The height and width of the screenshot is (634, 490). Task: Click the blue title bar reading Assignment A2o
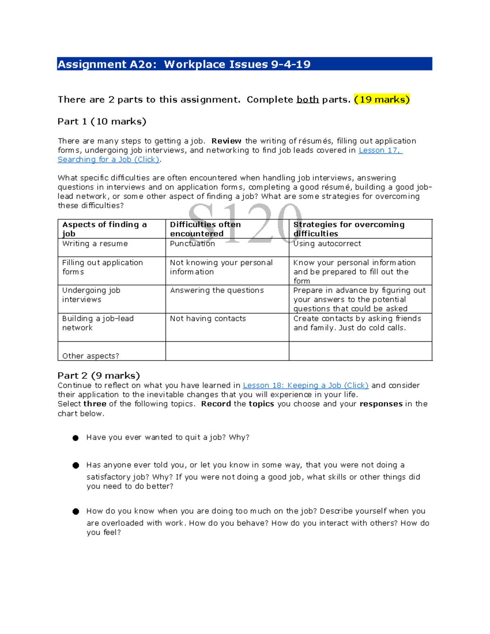[x=244, y=64]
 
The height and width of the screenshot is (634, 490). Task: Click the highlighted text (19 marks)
[x=382, y=100]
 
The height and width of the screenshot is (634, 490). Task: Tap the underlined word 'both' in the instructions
[x=307, y=100]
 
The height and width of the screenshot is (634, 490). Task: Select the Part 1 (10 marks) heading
[x=102, y=122]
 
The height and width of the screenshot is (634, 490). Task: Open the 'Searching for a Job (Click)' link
[x=109, y=160]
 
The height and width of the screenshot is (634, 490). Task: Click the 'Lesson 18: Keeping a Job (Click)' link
[x=305, y=385]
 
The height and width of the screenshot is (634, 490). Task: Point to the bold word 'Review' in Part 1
[x=226, y=141]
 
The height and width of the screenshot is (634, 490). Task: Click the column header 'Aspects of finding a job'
[x=104, y=229]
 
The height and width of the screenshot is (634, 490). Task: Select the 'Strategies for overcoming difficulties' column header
[x=349, y=229]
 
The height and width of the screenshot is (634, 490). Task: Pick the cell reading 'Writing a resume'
[x=95, y=244]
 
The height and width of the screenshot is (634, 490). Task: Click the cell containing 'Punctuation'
[x=192, y=244]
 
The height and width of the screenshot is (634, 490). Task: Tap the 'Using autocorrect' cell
[x=327, y=244]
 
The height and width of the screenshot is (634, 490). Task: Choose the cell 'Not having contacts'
[x=208, y=318]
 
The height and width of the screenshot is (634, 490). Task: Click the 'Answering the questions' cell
[x=217, y=290]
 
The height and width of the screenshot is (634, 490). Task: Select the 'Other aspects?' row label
[x=91, y=356]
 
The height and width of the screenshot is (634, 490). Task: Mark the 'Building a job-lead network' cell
[x=98, y=323]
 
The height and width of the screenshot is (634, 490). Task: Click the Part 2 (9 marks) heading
[x=98, y=376]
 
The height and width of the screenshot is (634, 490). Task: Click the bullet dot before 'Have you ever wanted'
[x=76, y=438]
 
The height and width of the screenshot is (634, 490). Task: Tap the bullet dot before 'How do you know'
[x=76, y=512]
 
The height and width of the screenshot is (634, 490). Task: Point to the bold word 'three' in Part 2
[x=95, y=404]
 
